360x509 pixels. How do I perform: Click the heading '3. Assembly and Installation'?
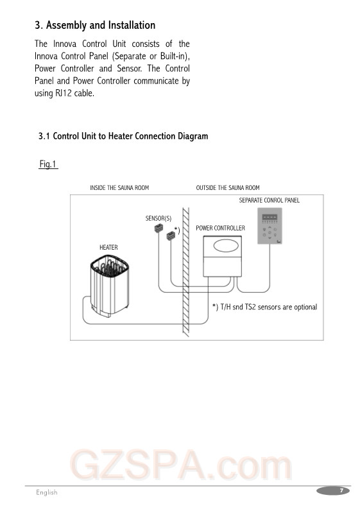tap(95, 25)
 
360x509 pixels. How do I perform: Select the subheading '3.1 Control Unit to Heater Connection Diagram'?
tap(123, 136)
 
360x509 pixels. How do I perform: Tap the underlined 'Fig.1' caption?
tap(48, 164)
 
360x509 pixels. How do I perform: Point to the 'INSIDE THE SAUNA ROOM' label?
tap(119, 187)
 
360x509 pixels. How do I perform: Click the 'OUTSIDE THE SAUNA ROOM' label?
tap(228, 187)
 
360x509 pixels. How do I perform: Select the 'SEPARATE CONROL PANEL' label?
tap(269, 200)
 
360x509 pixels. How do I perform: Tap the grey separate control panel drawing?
tap(270, 225)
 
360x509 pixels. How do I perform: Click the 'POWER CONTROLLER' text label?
tap(220, 228)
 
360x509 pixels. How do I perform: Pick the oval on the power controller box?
tap(226, 246)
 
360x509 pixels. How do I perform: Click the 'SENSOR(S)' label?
tap(159, 218)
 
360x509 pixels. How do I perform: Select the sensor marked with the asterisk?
tap(171, 236)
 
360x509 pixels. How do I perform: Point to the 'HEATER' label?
tap(108, 247)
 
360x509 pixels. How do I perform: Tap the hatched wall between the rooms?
tap(186, 272)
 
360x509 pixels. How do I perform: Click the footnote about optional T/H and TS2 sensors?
tap(264, 307)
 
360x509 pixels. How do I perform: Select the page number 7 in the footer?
tap(341, 490)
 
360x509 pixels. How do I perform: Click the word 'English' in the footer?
tap(47, 492)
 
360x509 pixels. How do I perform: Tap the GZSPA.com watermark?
tap(181, 465)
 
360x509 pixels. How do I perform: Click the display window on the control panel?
tap(270, 217)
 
